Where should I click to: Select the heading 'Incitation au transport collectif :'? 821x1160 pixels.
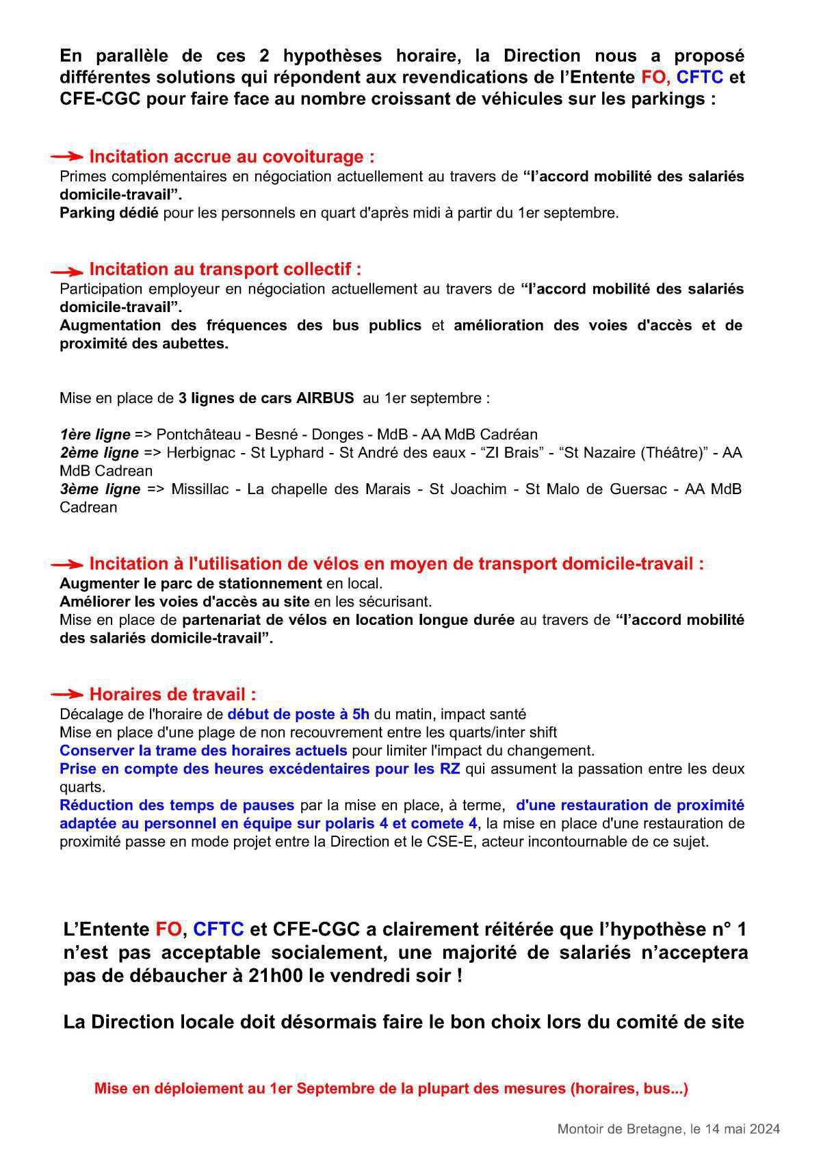pyautogui.click(x=225, y=269)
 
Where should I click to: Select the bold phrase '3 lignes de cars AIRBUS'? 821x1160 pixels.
pyautogui.click(x=266, y=398)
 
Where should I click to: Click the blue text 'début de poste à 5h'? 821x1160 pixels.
pyautogui.click(x=298, y=714)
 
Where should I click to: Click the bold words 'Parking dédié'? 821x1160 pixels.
pyautogui.click(x=109, y=213)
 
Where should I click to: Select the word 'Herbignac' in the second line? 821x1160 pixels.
pyautogui.click(x=198, y=452)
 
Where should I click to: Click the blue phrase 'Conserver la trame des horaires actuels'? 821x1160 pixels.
pyautogui.click(x=203, y=750)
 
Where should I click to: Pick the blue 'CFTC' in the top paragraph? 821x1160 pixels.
pyautogui.click(x=699, y=77)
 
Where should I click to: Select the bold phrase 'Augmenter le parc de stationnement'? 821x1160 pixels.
pyautogui.click(x=190, y=584)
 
